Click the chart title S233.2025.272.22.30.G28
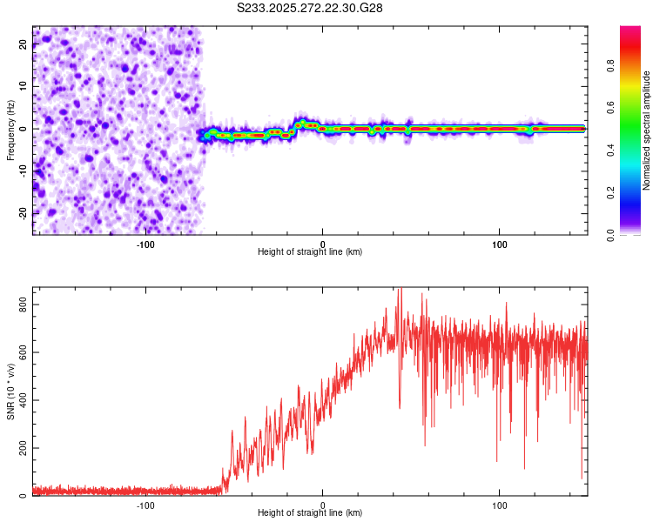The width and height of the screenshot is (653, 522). [310, 9]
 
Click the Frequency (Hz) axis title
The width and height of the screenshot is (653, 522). [10, 130]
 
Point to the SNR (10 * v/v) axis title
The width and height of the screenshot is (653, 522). [10, 391]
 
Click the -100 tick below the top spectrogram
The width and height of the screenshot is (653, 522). [145, 244]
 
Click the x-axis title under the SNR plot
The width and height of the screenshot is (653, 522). [310, 513]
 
